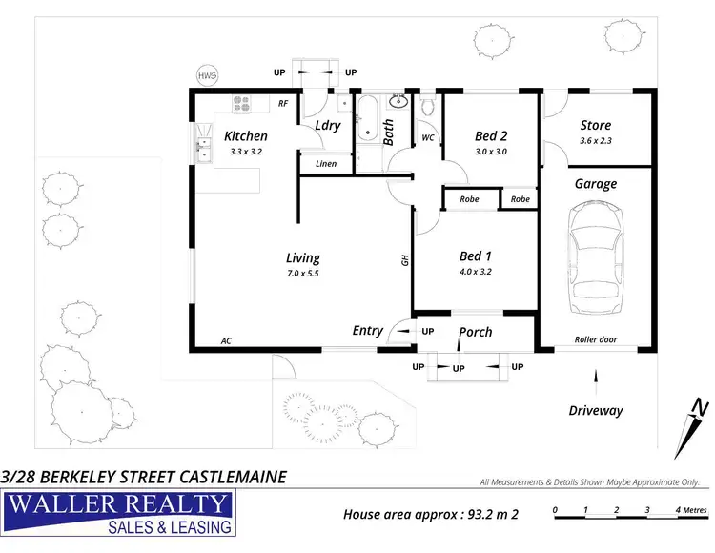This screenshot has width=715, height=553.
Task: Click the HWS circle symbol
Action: click(x=207, y=75)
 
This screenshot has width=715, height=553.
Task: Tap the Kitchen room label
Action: click(x=245, y=136)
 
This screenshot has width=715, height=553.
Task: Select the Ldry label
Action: click(x=328, y=125)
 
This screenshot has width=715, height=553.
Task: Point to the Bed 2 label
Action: click(x=490, y=136)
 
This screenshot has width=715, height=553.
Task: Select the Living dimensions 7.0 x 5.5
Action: click(x=303, y=274)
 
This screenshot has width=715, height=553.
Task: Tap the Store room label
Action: click(x=596, y=125)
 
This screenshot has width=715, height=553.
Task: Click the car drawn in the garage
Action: click(x=596, y=260)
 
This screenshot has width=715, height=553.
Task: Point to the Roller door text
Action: click(x=596, y=339)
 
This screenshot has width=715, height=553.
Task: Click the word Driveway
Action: click(x=596, y=411)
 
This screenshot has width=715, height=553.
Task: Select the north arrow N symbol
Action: click(x=701, y=412)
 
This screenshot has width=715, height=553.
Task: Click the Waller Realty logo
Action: click(x=119, y=514)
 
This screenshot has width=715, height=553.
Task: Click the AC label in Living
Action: click(x=226, y=340)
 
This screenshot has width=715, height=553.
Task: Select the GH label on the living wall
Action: click(x=404, y=258)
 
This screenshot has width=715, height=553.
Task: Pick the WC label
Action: click(x=428, y=137)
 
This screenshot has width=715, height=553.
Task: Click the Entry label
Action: click(x=368, y=331)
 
